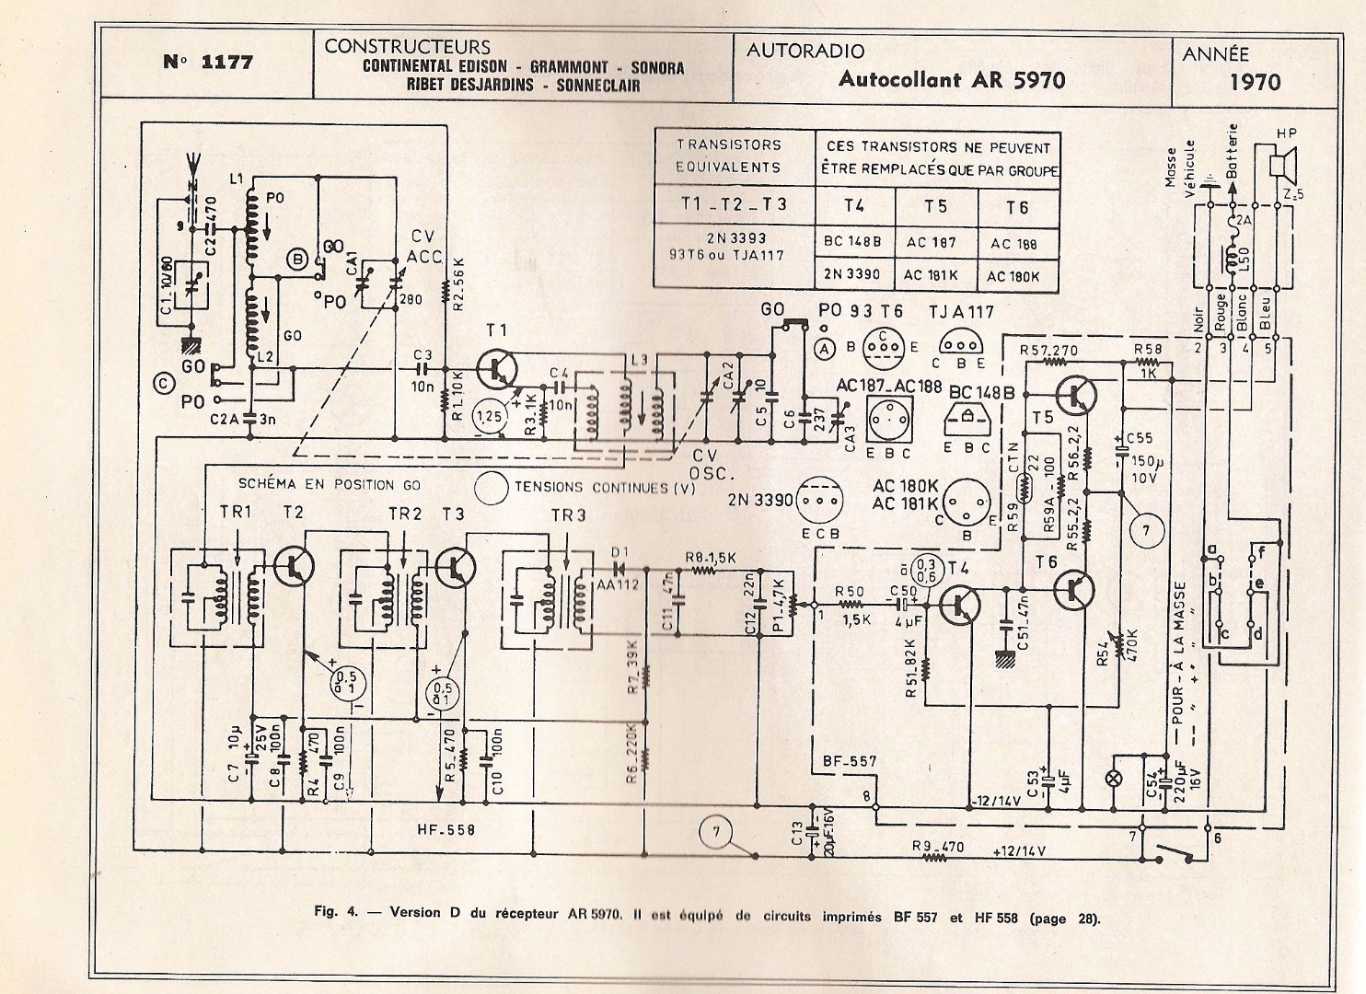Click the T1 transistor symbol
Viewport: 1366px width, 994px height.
tap(498, 370)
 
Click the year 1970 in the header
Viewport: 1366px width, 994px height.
tap(1255, 82)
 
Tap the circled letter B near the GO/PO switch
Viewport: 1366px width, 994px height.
tap(297, 260)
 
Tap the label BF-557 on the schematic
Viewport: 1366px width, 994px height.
tap(845, 762)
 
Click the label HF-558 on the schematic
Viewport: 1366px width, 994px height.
tap(446, 829)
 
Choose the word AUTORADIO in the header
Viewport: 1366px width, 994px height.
tap(804, 51)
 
